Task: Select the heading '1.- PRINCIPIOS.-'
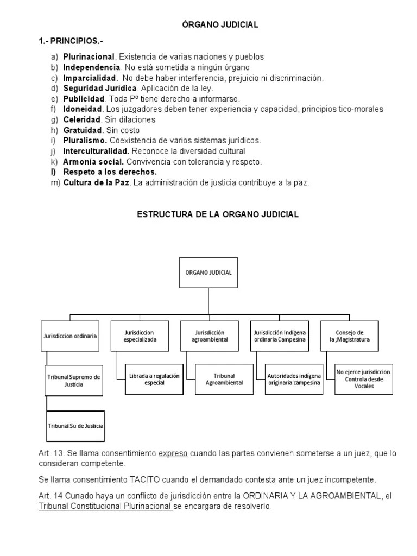click(x=71, y=41)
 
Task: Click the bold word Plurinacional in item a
click(x=89, y=56)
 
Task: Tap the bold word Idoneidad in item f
click(x=83, y=109)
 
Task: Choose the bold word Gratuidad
click(x=83, y=130)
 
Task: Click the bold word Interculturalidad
click(x=96, y=151)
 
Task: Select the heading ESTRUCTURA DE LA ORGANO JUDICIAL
click(x=217, y=214)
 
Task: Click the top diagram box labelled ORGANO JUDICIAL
click(x=208, y=273)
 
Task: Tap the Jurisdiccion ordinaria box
click(x=70, y=336)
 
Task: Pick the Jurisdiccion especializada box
click(x=140, y=336)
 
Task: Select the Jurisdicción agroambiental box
click(x=210, y=336)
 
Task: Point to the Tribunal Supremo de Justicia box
click(x=73, y=380)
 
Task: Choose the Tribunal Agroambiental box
click(x=224, y=380)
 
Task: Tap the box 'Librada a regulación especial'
click(x=154, y=380)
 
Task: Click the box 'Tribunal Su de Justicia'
click(x=75, y=426)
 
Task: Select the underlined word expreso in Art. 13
click(x=173, y=453)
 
